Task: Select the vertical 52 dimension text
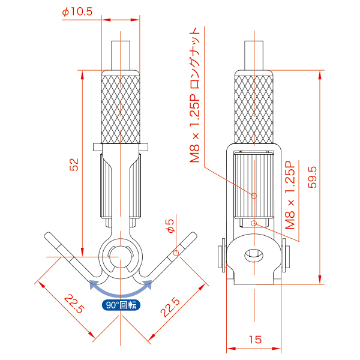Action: pos(74,164)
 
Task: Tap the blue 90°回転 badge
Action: pos(120,305)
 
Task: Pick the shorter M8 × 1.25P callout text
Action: pos(291,196)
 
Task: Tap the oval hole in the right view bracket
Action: pos(254,256)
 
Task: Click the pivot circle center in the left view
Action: pos(120,253)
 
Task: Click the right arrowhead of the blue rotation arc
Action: pos(150,284)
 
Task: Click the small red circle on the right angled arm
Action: pos(175,253)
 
